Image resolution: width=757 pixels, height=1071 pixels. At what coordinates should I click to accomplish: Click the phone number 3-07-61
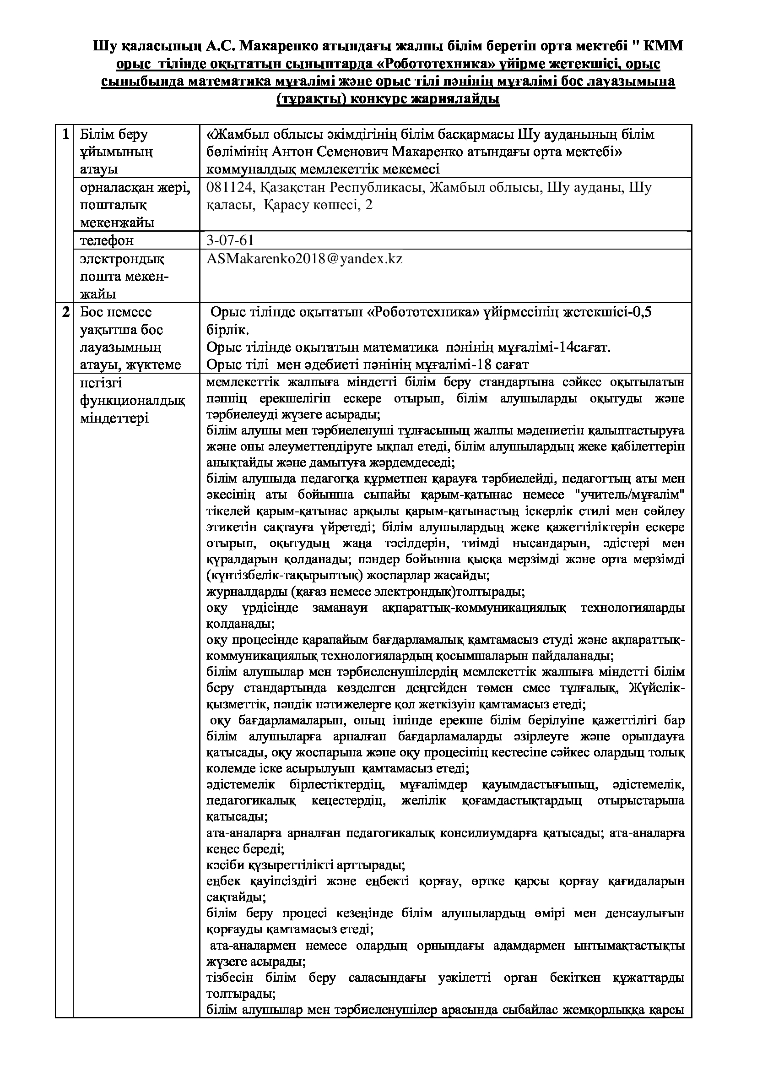230,240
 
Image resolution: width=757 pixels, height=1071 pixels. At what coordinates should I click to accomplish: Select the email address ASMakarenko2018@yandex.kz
304,259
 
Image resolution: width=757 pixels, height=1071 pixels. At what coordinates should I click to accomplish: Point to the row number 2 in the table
66,312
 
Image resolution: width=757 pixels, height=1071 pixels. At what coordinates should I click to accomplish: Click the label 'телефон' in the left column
107,241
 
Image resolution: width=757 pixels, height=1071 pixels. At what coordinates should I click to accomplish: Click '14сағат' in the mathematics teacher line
585,348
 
